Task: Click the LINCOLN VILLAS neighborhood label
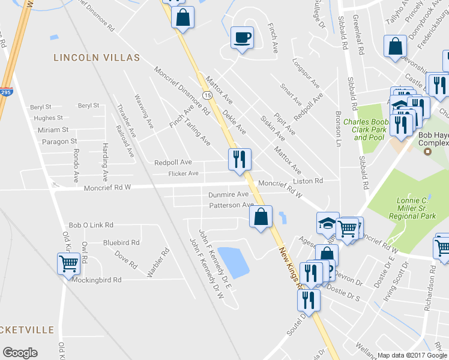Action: pos(96,58)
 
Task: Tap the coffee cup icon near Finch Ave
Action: pos(242,38)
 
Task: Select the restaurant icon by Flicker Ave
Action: pos(240,159)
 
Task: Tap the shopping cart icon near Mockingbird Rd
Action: pos(69,263)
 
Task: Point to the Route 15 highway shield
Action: pos(207,95)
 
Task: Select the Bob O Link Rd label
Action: pos(91,225)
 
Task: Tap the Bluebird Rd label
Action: pos(121,242)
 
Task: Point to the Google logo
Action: pos(20,353)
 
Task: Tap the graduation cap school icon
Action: pos(327,223)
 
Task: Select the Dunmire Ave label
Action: pos(228,194)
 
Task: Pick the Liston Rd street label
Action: pos(308,181)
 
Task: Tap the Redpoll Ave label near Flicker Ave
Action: pos(173,163)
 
